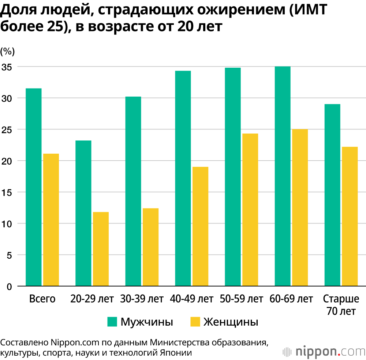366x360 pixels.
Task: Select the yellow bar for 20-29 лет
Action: point(101,249)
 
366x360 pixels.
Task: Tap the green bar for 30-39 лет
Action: point(133,191)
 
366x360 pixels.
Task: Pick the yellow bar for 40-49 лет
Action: point(200,226)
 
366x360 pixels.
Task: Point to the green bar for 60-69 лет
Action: point(282,176)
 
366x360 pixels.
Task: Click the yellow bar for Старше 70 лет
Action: point(349,216)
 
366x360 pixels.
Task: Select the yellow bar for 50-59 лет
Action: point(250,210)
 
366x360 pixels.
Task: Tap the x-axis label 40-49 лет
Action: point(191,299)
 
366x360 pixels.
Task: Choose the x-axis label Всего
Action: point(42,299)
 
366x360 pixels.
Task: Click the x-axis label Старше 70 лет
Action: point(341,305)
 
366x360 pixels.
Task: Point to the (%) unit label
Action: point(8,52)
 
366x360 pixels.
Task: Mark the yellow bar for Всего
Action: point(51,220)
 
